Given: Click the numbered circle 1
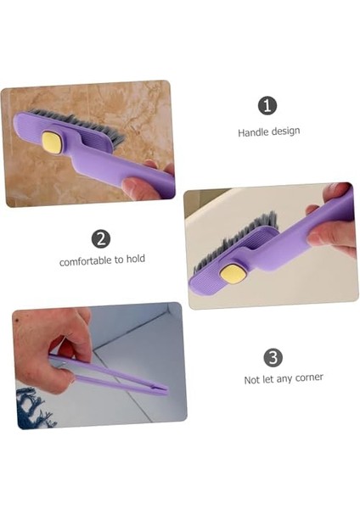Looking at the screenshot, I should pyautogui.click(x=267, y=106).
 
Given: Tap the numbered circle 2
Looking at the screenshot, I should pyautogui.click(x=101, y=238).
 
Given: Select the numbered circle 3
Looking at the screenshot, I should pyautogui.click(x=273, y=357).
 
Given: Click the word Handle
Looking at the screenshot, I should pyautogui.click(x=253, y=132).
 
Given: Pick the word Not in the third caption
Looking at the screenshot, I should pyautogui.click(x=251, y=380).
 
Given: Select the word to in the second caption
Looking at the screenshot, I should pyautogui.click(x=118, y=260).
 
